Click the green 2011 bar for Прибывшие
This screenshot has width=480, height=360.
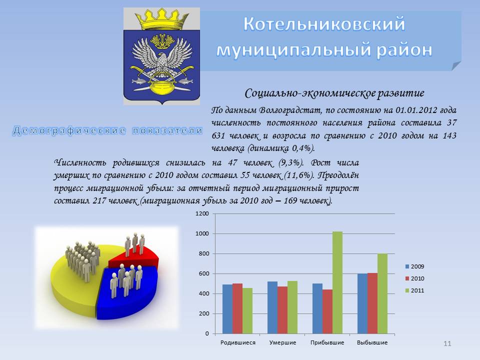pyautogui.click(x=337, y=282)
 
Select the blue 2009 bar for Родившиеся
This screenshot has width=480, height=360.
pyautogui.click(x=227, y=309)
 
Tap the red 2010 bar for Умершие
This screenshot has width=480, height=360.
pyautogui.click(x=282, y=310)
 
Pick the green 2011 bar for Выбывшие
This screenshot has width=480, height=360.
pyautogui.click(x=382, y=293)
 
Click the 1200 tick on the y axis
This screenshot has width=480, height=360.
pyautogui.click(x=202, y=213)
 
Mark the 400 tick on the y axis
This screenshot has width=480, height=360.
pyautogui.click(x=203, y=293)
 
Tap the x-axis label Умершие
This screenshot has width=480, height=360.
pyautogui.click(x=282, y=342)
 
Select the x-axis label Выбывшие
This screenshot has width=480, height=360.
pyautogui.click(x=372, y=342)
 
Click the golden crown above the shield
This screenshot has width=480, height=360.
pyautogui.click(x=161, y=19)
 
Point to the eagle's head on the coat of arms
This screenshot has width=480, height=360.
pyautogui.click(x=162, y=57)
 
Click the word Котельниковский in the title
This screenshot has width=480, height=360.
pyautogui.click(x=324, y=24)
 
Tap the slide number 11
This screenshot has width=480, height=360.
pyautogui.click(x=447, y=343)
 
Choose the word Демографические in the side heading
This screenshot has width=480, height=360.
pyautogui.click(x=69, y=130)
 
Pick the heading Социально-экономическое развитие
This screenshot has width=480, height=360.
pyautogui.click(x=334, y=93)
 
